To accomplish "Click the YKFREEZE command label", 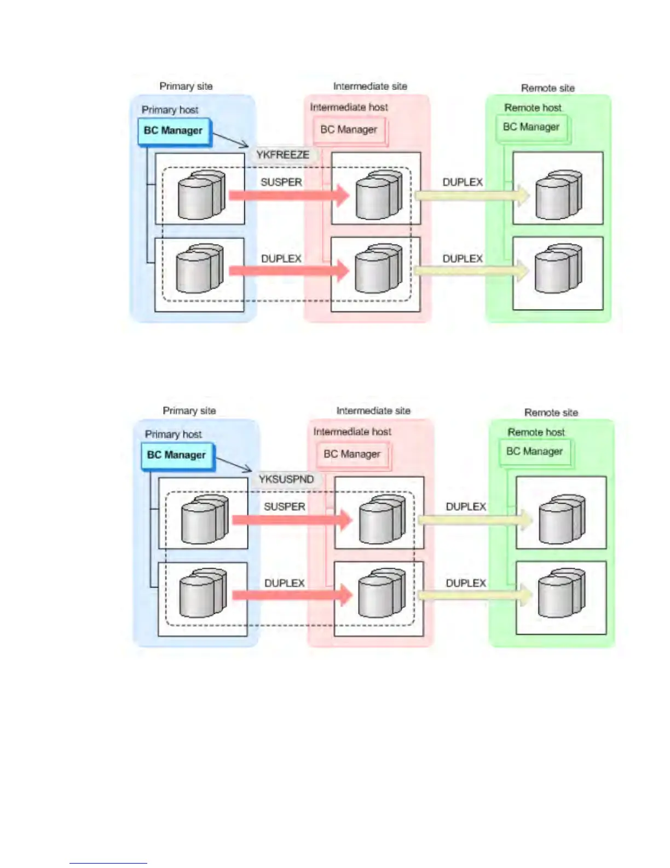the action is (283, 155).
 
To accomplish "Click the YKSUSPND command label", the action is (286, 479).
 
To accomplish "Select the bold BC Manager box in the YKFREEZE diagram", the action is (174, 131).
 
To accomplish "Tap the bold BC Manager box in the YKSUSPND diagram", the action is (177, 455).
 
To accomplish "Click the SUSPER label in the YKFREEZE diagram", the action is (281, 182).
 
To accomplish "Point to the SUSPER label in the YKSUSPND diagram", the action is (285, 506).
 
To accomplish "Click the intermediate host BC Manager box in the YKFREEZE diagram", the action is (350, 130).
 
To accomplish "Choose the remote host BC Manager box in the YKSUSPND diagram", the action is (535, 452).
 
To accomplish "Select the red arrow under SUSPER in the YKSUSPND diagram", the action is (292, 519).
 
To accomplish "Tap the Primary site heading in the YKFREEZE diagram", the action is (186, 86).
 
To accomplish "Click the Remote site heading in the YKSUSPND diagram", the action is (551, 413).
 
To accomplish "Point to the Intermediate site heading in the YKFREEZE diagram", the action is (371, 86).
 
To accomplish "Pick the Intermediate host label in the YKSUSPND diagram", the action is (353, 431).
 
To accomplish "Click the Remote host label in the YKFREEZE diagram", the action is (533, 107).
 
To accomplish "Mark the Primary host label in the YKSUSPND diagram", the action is (173, 434).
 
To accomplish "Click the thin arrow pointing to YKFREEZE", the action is (230, 140).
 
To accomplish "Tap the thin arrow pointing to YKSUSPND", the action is (234, 465).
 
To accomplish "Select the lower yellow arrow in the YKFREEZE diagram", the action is (472, 271).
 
